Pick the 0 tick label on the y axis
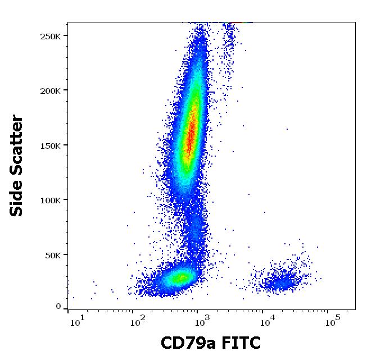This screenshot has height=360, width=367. pyautogui.click(x=58, y=307)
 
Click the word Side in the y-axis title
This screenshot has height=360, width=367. pyautogui.click(x=17, y=197)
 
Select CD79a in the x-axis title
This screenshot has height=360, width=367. pyautogui.click(x=187, y=343)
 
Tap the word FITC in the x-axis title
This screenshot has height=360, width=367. pyautogui.click(x=240, y=343)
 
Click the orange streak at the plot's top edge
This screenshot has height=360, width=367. pyautogui.click(x=239, y=22)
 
